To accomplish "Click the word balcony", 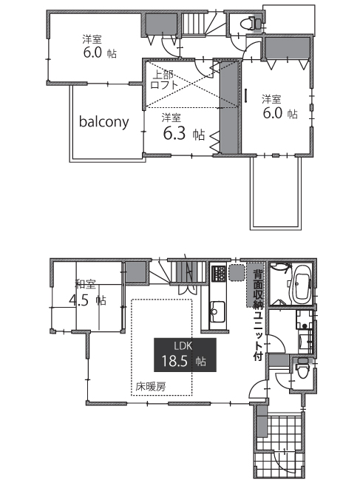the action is (x=103, y=122).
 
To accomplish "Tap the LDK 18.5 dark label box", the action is (x=185, y=355).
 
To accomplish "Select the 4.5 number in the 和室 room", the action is (x=79, y=300).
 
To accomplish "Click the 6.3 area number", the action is (x=174, y=133).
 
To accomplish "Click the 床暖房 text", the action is (x=151, y=386).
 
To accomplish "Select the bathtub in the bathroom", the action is (x=302, y=284).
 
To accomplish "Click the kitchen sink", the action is (x=217, y=311).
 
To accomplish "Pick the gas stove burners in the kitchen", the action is (x=219, y=273).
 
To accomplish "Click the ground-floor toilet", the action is (x=302, y=368).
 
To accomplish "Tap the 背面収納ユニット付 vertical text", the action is (x=258, y=315).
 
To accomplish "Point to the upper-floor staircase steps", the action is (x=194, y=24).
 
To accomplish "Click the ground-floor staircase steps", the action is (x=189, y=271).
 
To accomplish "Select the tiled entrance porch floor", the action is (x=280, y=443).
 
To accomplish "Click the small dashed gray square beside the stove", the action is (x=237, y=273).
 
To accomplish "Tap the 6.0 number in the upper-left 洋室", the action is (x=92, y=53).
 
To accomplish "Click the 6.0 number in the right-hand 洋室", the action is (x=272, y=112).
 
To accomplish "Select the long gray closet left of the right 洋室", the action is (x=230, y=107).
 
